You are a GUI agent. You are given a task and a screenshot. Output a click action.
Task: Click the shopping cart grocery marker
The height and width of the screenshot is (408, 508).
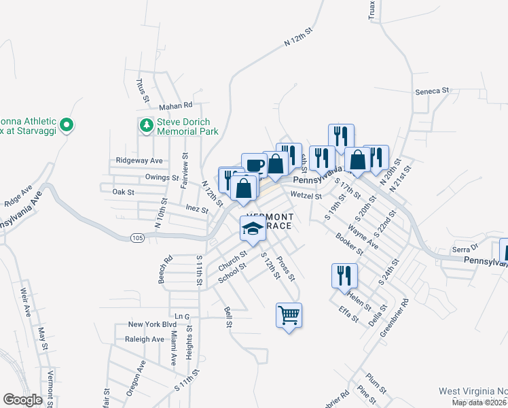click(289, 316)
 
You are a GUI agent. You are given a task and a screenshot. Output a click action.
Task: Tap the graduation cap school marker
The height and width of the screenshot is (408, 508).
click(252, 228)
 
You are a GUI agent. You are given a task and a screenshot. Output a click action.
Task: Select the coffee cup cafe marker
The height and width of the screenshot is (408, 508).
click(254, 165)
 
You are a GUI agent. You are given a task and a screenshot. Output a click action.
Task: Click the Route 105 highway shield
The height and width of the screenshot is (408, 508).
click(138, 237)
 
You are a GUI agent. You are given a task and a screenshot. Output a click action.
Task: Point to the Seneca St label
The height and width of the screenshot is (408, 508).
click(433, 90)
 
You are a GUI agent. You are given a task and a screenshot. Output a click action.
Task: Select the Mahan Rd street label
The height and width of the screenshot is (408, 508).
click(176, 105)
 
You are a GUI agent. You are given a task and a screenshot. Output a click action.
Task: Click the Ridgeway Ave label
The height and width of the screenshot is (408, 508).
click(139, 160)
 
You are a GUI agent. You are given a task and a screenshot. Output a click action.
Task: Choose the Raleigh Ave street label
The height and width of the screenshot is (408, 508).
click(144, 339)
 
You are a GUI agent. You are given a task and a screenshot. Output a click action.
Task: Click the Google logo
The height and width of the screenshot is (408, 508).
click(22, 400)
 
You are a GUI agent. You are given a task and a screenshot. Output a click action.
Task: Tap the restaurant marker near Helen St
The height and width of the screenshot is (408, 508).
click(344, 276)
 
